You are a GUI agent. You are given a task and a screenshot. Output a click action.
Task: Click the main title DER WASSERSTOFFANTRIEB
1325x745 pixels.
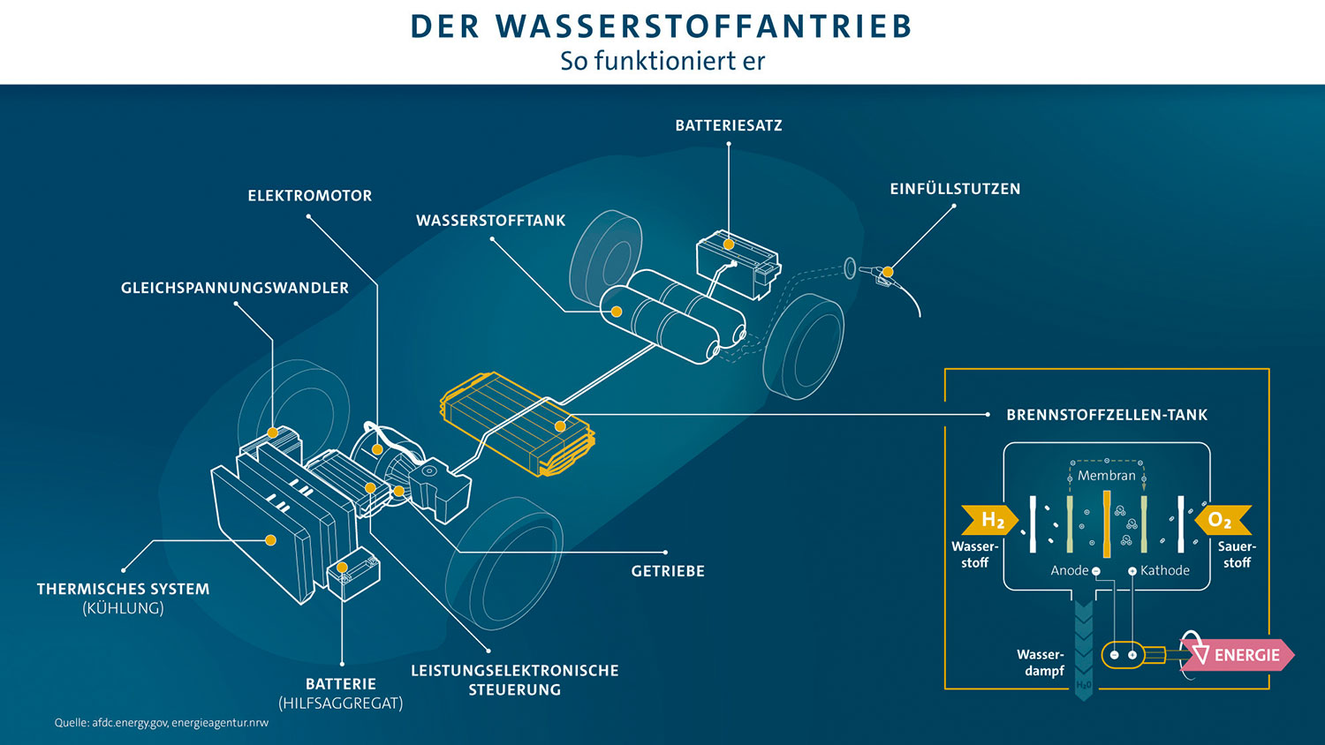coord(662,26)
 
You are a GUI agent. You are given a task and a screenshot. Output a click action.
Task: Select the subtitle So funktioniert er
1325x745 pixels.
coord(662,61)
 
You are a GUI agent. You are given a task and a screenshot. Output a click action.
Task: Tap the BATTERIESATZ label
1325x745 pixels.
coord(728,125)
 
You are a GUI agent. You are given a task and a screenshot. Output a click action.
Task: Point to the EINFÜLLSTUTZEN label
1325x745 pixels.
coord(955,189)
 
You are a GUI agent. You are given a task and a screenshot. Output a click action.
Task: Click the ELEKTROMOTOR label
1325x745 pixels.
coord(309,196)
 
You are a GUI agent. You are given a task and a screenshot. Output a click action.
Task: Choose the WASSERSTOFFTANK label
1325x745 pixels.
coord(490,221)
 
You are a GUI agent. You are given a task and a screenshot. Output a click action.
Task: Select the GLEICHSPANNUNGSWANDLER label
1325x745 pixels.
coord(235,288)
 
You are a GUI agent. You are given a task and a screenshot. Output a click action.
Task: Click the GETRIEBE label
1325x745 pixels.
coord(668,571)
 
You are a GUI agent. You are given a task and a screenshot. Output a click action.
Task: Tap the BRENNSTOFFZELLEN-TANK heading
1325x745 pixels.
coord(1106,415)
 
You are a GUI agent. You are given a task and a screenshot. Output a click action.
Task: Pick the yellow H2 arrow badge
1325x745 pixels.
coord(990,520)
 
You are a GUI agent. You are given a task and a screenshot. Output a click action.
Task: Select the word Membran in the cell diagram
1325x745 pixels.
coord(1106,475)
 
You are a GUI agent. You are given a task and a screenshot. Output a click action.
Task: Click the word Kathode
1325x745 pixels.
coord(1164,570)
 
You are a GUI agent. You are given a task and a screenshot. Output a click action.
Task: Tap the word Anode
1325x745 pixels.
coord(1069,570)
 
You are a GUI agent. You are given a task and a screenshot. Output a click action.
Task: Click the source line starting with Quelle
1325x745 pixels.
coord(162,722)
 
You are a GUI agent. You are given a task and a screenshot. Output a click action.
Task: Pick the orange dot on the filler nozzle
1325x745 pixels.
coord(887,272)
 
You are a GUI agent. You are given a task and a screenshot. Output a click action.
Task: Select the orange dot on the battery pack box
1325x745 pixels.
coord(729,245)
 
